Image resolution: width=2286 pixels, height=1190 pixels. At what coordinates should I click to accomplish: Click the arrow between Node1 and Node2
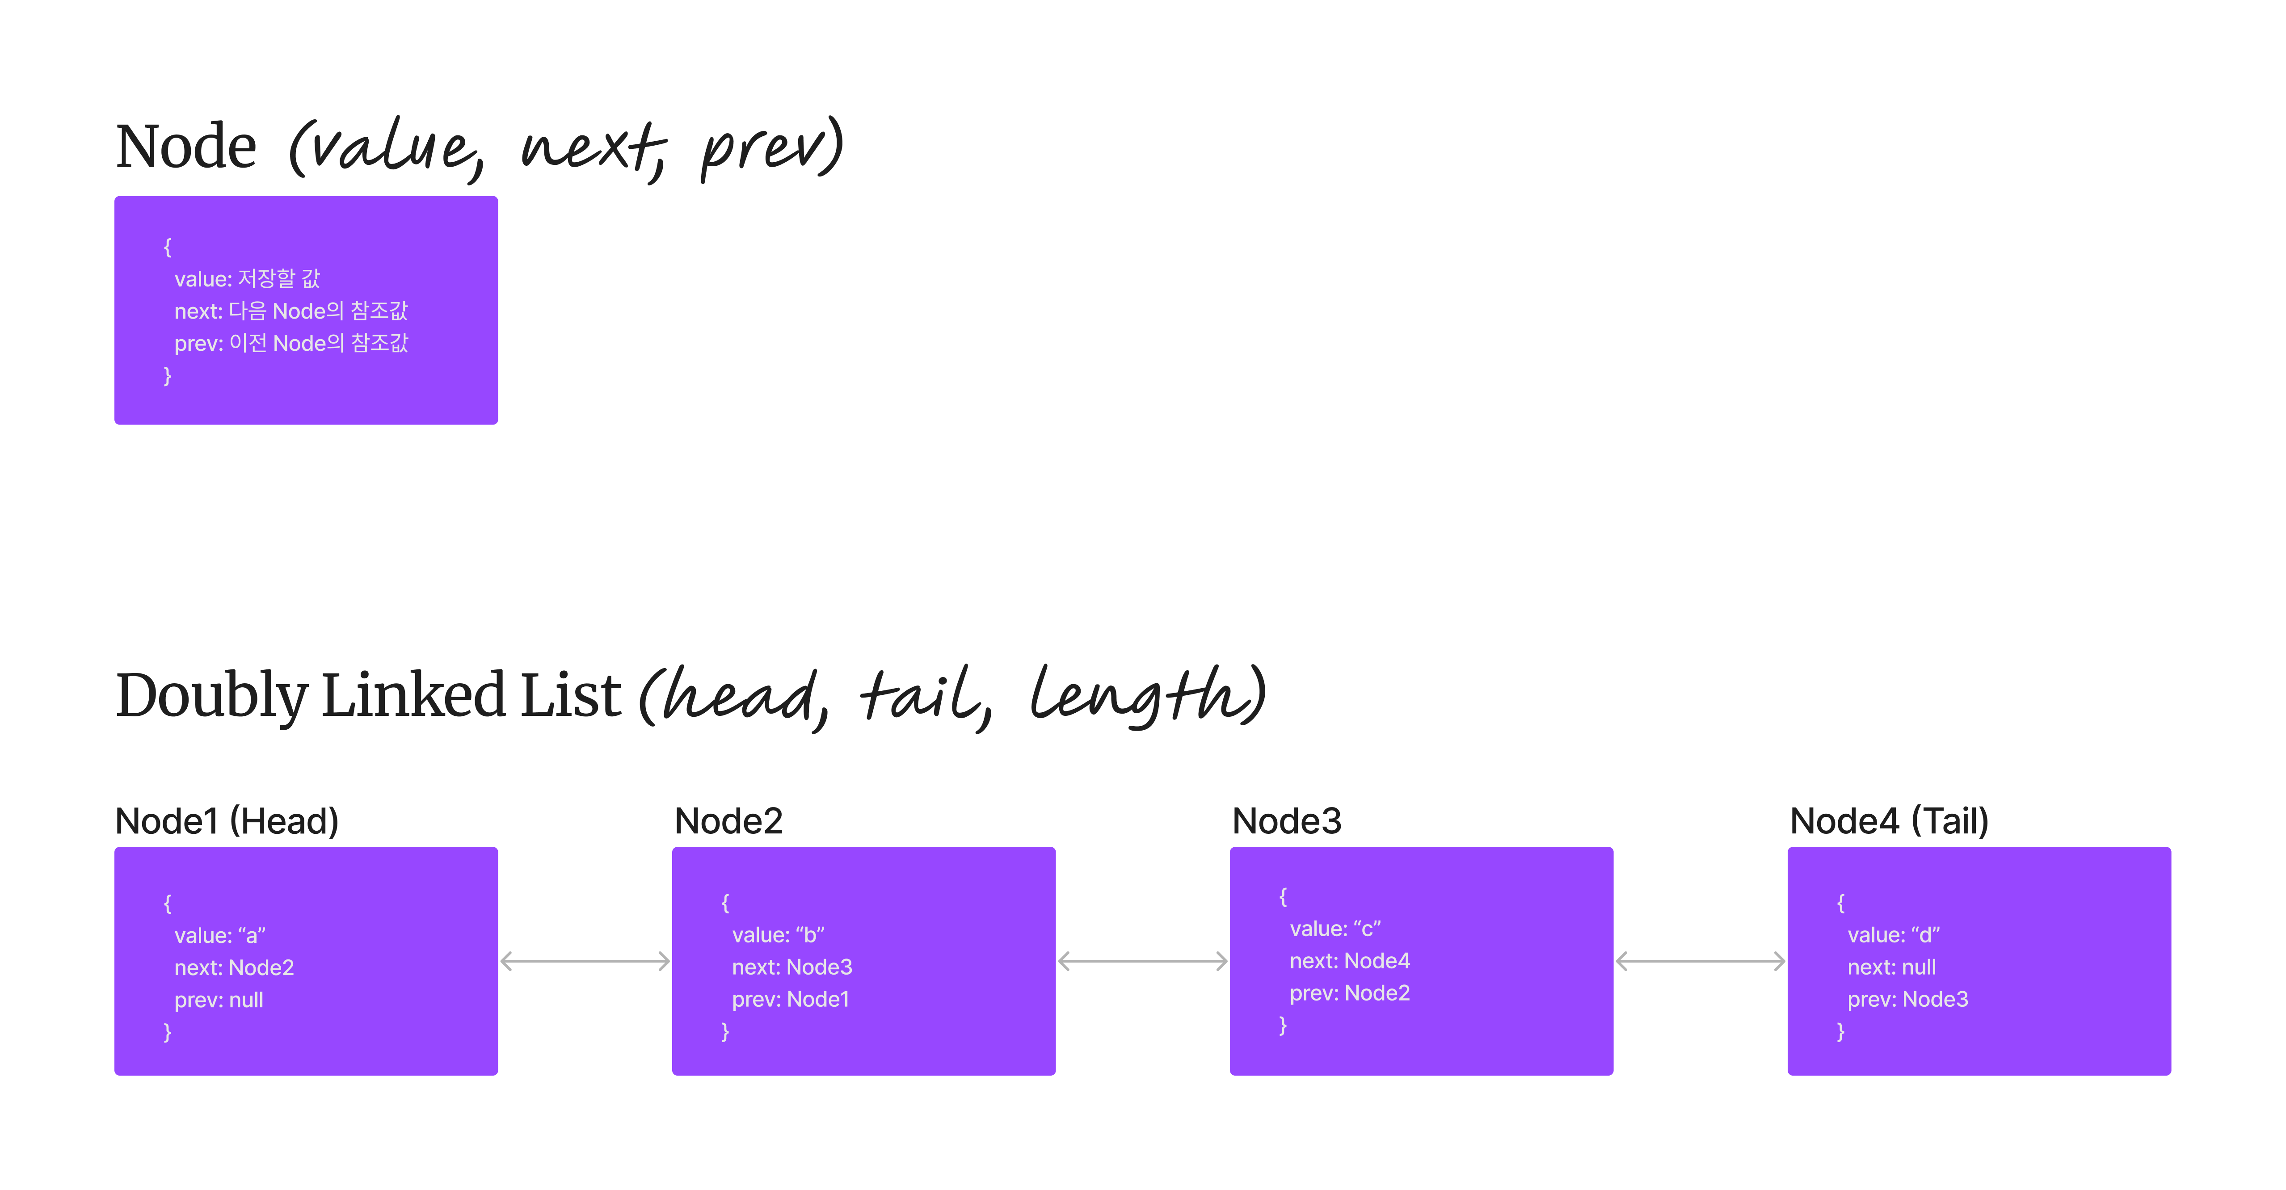click(585, 961)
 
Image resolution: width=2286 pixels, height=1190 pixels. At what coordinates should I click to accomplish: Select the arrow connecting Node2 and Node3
click(1143, 961)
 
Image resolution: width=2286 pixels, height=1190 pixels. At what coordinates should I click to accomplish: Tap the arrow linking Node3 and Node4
click(1700, 961)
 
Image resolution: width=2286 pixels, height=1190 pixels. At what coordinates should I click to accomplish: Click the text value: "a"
click(220, 935)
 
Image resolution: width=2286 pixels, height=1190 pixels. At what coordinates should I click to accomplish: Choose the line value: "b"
click(778, 934)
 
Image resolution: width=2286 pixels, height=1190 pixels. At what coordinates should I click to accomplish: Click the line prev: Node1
click(791, 999)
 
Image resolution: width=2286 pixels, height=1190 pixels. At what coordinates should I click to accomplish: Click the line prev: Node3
click(1908, 999)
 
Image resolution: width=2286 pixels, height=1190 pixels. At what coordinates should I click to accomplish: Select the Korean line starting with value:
click(247, 279)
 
